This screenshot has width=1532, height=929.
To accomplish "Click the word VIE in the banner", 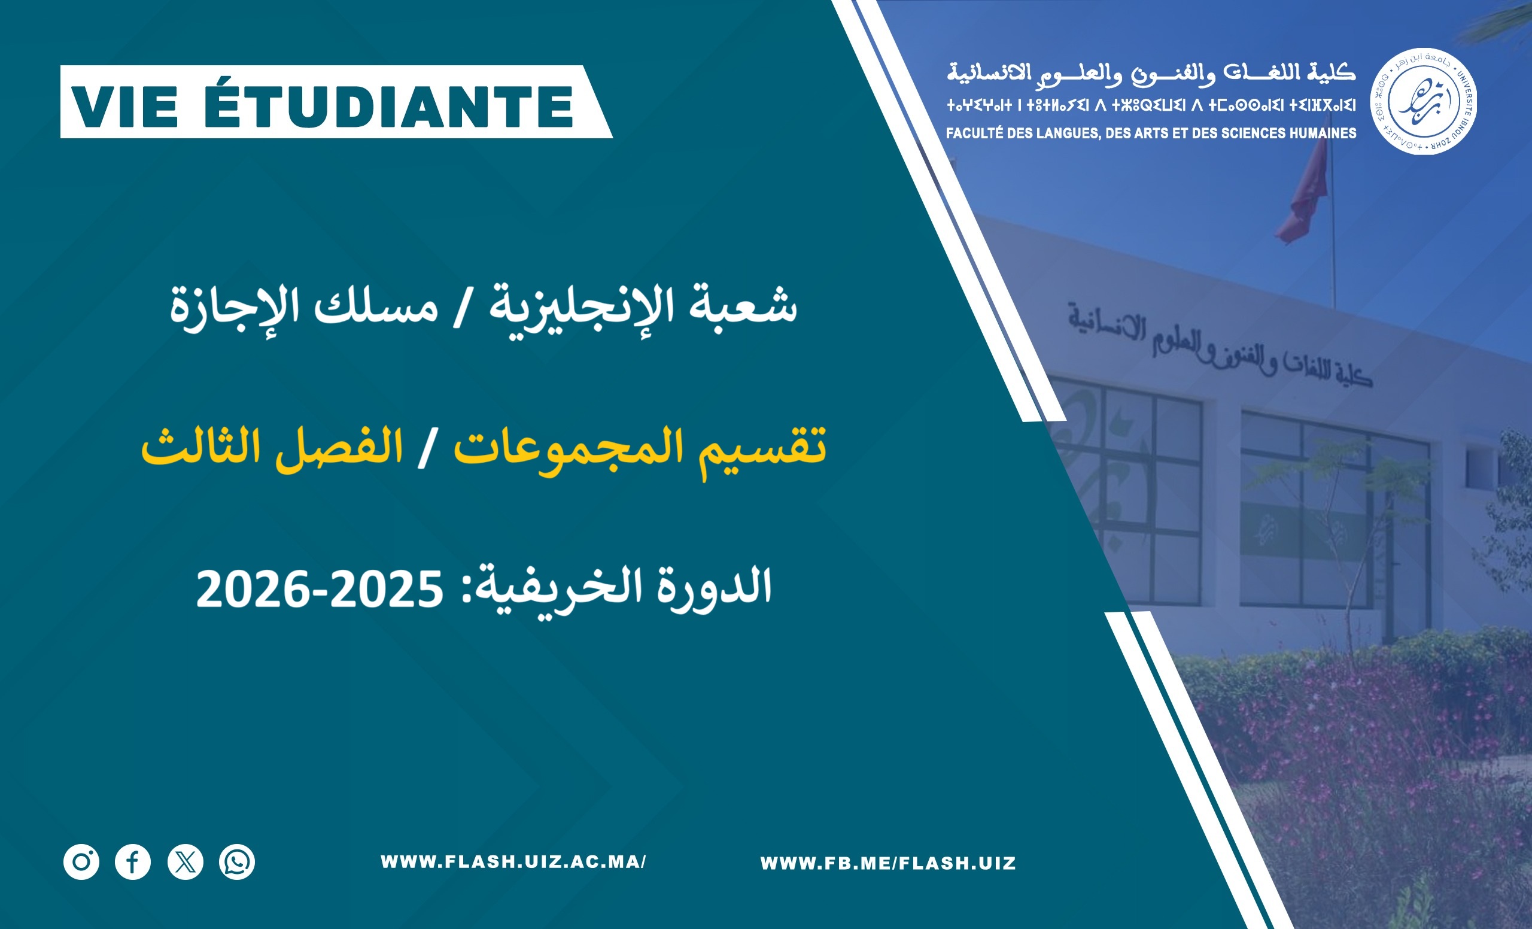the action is pos(126,107).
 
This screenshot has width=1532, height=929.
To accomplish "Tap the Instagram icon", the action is pos(81,862).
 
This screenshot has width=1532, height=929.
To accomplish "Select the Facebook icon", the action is pos(133,862).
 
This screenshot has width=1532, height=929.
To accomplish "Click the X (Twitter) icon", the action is pos(186,862).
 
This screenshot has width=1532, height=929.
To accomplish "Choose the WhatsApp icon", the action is pos(237,862).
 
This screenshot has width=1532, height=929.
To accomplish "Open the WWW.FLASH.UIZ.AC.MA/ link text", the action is pos(513,862).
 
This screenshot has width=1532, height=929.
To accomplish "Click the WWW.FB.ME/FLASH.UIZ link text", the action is pos(888,863).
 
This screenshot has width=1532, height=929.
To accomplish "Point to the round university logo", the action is pos(1424,101).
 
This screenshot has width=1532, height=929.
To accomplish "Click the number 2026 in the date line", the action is pos(253,590).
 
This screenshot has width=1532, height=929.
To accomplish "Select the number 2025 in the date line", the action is pos(386,590).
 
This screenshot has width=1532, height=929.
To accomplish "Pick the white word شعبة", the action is pos(743,305).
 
